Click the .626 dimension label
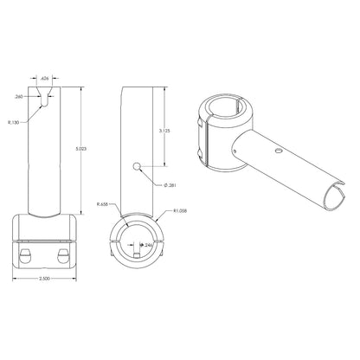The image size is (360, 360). [46, 77]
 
